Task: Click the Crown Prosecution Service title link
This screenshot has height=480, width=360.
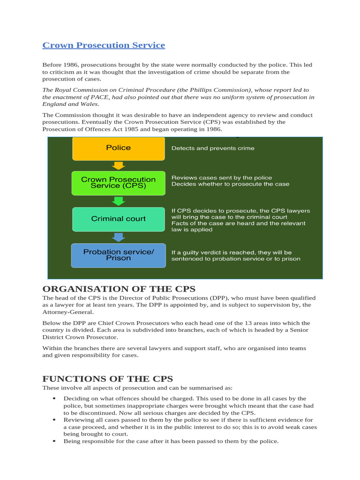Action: [x=104, y=45]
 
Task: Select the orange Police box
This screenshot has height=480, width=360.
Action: [x=118, y=148]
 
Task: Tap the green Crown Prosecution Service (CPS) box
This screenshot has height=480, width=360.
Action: [x=118, y=182]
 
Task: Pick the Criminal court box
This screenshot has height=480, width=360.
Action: [x=118, y=219]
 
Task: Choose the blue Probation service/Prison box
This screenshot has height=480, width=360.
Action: [x=118, y=255]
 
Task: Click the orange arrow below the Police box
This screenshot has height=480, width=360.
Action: [x=119, y=165]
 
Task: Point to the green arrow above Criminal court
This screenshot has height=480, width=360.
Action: [x=119, y=201]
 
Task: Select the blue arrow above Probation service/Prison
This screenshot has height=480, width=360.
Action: [x=119, y=237]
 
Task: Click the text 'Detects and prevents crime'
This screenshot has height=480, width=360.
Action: [x=213, y=148]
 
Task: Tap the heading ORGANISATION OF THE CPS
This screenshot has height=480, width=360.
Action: [x=119, y=289]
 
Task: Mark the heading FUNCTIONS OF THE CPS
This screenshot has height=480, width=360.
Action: [x=107, y=379]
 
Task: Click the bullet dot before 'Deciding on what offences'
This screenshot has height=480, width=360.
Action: [x=54, y=398]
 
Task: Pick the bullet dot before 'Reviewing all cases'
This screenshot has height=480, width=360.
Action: [x=54, y=420]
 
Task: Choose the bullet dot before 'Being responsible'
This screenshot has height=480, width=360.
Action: [x=54, y=442]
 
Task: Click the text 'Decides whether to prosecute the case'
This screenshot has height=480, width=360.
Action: [x=230, y=184]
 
